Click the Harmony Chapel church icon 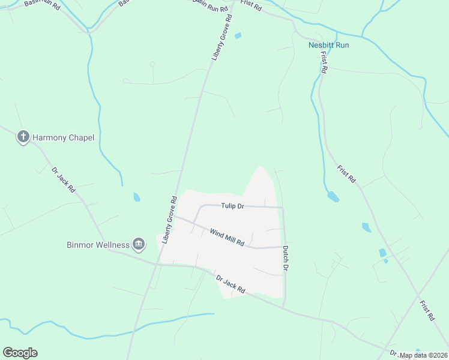click(23, 137)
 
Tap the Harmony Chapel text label click(64, 138)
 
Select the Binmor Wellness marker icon click(139, 244)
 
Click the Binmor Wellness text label click(98, 245)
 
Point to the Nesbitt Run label click(328, 45)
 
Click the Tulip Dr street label click(232, 206)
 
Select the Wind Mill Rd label click(227, 236)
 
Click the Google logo click(20, 353)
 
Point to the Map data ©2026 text click(423, 355)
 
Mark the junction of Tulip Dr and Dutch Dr click(283, 208)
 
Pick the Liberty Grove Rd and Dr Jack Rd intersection click(156, 263)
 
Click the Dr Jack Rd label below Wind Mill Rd click(231, 284)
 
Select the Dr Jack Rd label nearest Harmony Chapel click(63, 179)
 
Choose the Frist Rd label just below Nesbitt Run click(324, 62)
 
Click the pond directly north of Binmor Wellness click(137, 197)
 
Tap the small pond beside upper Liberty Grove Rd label click(238, 36)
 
